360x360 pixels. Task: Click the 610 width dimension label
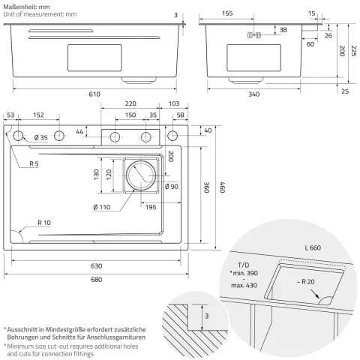(94, 94)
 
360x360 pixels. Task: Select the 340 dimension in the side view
(253, 94)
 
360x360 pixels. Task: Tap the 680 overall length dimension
(97, 280)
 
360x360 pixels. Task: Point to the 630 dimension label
(97, 266)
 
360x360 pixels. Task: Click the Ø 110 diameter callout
(102, 207)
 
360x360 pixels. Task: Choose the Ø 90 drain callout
(172, 187)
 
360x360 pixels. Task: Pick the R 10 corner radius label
(44, 223)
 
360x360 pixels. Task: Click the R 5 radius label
(34, 163)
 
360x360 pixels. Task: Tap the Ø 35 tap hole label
(40, 138)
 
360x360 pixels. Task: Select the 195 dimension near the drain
(151, 207)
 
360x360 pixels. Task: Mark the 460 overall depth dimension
(223, 187)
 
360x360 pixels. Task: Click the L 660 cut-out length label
(313, 247)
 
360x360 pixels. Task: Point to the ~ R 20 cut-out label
(306, 282)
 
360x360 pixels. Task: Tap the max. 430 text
(244, 285)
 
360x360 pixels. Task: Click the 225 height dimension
(353, 51)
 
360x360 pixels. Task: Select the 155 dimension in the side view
(227, 13)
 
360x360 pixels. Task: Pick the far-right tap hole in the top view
(172, 136)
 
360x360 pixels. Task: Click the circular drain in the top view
(141, 175)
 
